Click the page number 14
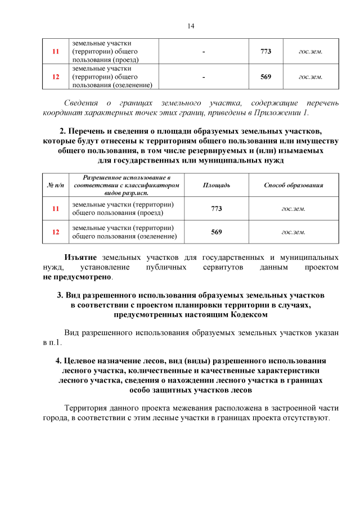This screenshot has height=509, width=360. [x=191, y=26]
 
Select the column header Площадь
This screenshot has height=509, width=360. [x=217, y=185]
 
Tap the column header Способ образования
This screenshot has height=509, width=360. [x=293, y=185]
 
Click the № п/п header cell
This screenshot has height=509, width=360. [x=55, y=185]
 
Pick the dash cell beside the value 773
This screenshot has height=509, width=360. [x=203, y=51]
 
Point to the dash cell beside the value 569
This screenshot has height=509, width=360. [x=203, y=77]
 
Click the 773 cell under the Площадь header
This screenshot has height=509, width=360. [x=217, y=209]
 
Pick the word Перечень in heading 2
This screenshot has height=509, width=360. [x=92, y=131]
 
